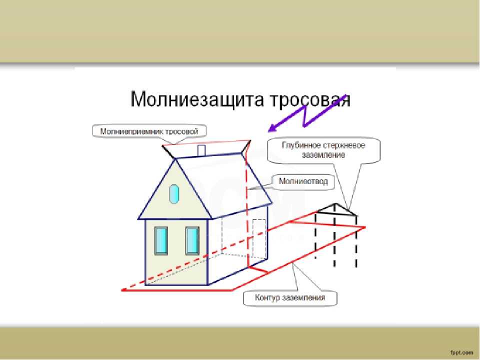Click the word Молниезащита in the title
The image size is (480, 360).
tap(197, 99)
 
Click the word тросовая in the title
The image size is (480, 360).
tap(310, 99)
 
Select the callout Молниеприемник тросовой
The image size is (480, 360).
tap(149, 131)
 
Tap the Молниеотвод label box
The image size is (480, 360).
tap(303, 181)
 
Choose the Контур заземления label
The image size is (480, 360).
tap(290, 297)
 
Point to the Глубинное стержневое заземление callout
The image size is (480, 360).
tap(324, 149)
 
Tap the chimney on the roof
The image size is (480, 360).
tap(201, 150)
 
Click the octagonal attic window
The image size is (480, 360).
tap(174, 194)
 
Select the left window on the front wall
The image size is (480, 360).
tap(160, 240)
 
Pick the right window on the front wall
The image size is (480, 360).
tap(192, 240)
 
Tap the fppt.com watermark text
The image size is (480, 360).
tap(461, 352)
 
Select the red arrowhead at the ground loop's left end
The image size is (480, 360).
tap(123, 290)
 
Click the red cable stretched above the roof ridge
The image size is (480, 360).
tap(206, 142)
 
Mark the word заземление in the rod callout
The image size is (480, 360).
tap(323, 154)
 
